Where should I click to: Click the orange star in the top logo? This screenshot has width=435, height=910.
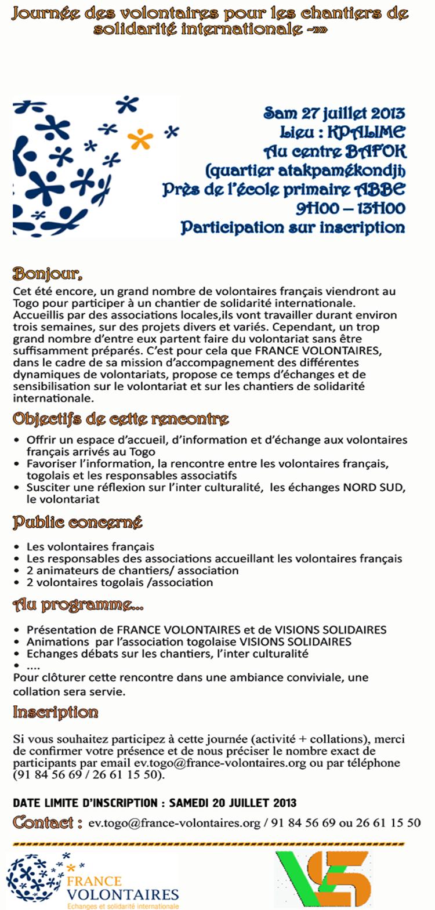[140, 139]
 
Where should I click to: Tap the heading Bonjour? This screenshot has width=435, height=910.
[48, 273]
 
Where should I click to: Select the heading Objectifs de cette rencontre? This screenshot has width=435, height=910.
[121, 419]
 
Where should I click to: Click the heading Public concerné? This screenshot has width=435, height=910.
[78, 522]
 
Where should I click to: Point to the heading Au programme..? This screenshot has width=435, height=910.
[78, 606]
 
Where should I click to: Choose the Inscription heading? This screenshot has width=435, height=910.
[56, 712]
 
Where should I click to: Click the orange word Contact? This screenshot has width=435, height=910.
[43, 822]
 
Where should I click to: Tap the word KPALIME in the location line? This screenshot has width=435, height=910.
[366, 132]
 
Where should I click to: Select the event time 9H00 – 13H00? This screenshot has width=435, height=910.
[350, 208]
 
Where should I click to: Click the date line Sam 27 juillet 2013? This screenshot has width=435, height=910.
[334, 113]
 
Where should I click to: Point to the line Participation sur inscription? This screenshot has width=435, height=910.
[292, 227]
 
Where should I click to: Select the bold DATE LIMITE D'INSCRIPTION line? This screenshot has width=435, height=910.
[154, 803]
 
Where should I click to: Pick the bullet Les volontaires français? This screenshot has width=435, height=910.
[90, 546]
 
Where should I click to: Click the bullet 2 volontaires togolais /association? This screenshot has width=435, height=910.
[119, 582]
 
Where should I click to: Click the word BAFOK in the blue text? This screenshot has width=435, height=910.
[376, 151]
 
